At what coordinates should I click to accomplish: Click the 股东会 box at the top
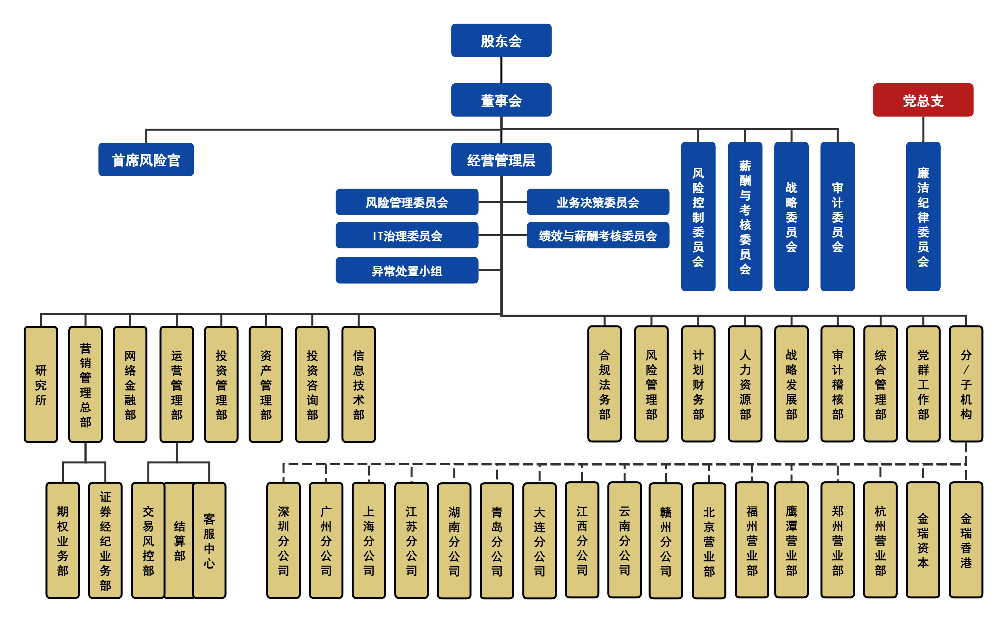coord(501,40)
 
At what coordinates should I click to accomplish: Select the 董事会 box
coord(501,100)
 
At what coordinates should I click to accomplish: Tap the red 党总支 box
coord(923,100)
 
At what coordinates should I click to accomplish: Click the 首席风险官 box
coord(146,159)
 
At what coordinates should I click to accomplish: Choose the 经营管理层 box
coord(501,159)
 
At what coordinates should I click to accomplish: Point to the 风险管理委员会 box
coord(406,202)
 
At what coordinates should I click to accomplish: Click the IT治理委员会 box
coord(406,235)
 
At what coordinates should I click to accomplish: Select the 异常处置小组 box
coord(406,270)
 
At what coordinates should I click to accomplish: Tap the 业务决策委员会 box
coord(598,202)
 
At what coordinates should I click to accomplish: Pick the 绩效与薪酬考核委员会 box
coord(598,235)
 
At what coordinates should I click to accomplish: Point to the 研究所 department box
coord(41,384)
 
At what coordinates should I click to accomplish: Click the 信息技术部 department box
coord(358,384)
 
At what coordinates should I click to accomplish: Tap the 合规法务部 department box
coord(604,384)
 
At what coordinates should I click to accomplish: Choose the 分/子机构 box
coord(966,384)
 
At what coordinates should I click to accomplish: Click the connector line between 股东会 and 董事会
coord(501,70)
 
